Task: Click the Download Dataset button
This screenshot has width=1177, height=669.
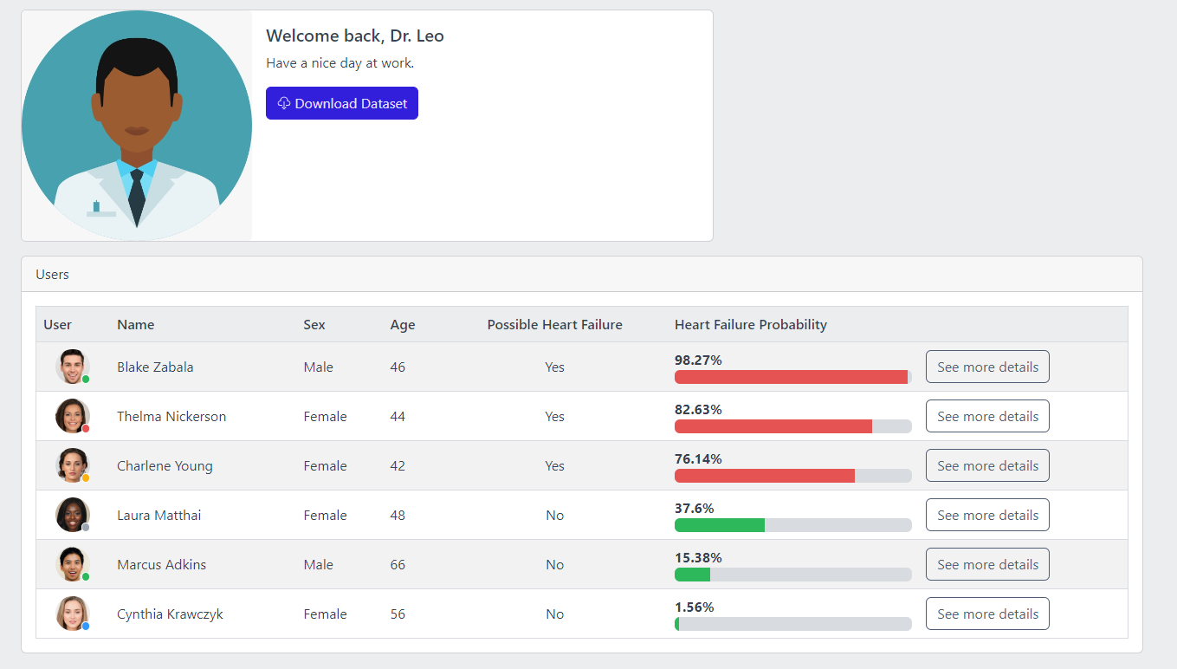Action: click(x=342, y=103)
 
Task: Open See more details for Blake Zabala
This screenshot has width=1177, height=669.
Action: click(x=987, y=367)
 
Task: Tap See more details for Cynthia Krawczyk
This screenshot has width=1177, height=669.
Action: click(x=987, y=614)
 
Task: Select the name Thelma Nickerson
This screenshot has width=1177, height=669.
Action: click(x=171, y=416)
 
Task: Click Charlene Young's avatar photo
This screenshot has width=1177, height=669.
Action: click(x=72, y=465)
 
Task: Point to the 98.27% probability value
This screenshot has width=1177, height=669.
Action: click(x=698, y=360)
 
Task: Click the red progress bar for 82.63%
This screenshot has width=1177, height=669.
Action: click(x=773, y=426)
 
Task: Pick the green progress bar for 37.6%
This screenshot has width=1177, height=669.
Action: click(x=719, y=525)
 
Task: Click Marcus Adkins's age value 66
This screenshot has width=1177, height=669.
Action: click(x=398, y=564)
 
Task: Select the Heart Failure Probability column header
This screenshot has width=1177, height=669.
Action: click(x=750, y=324)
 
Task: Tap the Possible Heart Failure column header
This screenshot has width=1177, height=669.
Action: click(x=554, y=324)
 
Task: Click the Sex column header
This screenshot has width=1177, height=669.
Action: click(x=314, y=324)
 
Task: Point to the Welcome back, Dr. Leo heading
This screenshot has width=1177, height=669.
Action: click(x=355, y=36)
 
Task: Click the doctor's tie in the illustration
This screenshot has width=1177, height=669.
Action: click(x=137, y=195)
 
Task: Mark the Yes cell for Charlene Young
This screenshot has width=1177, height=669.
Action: click(x=554, y=465)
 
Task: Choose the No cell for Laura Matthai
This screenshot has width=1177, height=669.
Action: click(x=554, y=515)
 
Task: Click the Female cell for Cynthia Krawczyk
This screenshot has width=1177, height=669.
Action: click(x=325, y=614)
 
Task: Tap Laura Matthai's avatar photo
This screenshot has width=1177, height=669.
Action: click(x=72, y=514)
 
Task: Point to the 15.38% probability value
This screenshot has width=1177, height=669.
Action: click(x=698, y=557)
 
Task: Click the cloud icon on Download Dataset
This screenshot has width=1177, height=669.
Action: click(x=283, y=103)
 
